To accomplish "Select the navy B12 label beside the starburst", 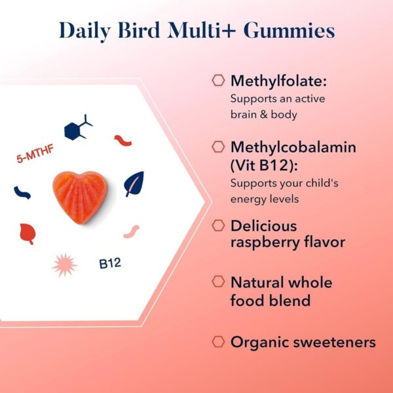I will point(111,265).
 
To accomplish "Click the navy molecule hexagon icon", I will point(79,128).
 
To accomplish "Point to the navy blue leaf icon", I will point(134,184).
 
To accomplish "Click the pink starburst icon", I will point(64,264).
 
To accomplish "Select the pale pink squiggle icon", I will point(131,231).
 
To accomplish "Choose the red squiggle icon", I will point(122,140).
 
